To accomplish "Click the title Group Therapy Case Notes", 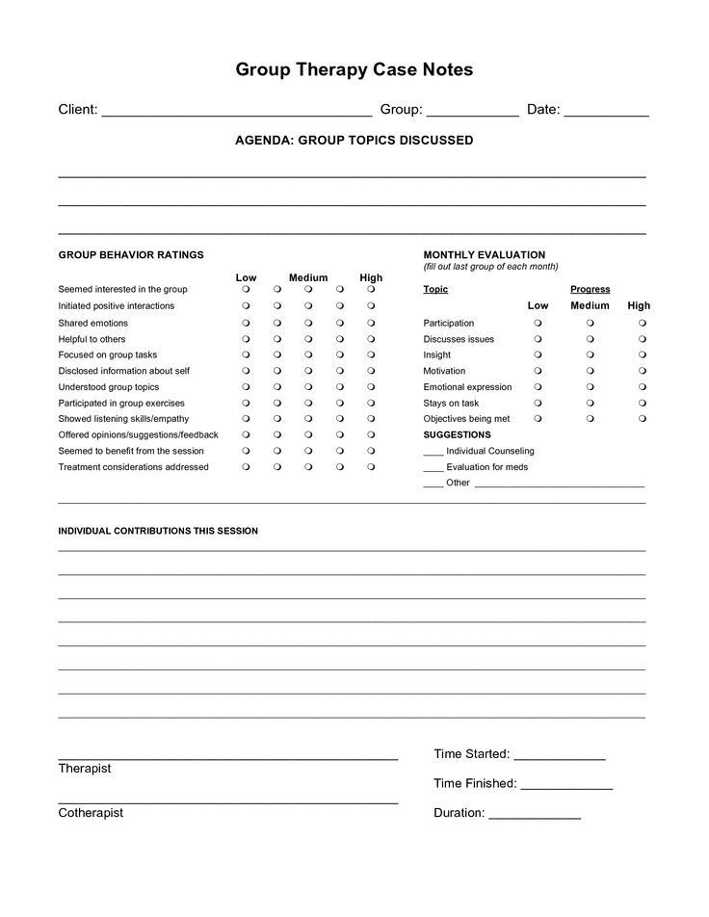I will (354, 70).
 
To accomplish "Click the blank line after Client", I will (236, 112).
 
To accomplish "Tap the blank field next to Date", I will (606, 112).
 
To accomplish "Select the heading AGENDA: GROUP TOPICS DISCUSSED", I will (354, 141).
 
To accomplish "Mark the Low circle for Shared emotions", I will (247, 323).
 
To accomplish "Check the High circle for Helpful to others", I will (371, 339).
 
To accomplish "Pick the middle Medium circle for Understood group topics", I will (308, 387).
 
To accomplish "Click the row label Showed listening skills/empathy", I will (123, 419).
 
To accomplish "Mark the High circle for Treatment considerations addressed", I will (371, 467).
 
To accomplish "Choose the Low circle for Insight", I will (538, 355).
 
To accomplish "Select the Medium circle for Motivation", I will (591, 371).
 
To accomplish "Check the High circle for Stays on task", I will (642, 404).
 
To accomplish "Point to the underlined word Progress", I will (590, 289).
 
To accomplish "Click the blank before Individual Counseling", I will (433, 453).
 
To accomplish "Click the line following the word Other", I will (559, 485).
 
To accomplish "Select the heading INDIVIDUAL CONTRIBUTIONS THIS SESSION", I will (158, 531).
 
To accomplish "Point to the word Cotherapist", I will (91, 813).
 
